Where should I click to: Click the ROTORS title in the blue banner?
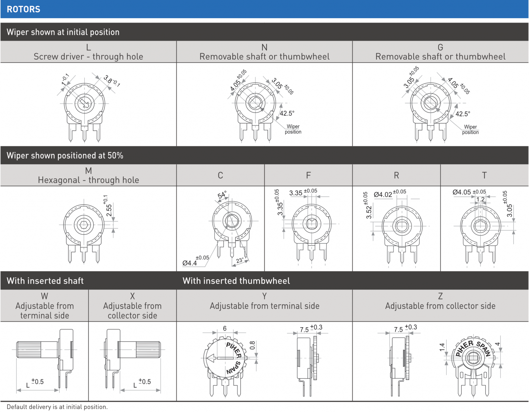coord(23,9)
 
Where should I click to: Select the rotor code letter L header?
coord(89,47)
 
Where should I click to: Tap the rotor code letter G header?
coord(440,47)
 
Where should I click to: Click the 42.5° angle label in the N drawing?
coord(287,113)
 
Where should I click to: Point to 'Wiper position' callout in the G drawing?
coord(470,129)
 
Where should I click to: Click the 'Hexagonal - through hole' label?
coord(89,180)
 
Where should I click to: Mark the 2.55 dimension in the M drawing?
coord(108,210)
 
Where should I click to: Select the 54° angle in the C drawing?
coord(222,194)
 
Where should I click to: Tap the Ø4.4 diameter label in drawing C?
coord(189,263)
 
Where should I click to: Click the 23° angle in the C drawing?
coord(240,261)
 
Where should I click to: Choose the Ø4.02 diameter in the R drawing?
coord(383,194)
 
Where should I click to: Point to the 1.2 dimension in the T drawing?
coord(480,199)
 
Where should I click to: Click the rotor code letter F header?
coord(308,175)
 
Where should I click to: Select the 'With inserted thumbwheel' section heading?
coord(236,281)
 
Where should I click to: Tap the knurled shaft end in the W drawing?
coord(29,349)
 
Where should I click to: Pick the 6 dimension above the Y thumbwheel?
coord(225,328)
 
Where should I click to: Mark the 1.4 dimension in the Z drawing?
coord(442,347)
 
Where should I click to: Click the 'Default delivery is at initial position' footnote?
coord(57,407)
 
